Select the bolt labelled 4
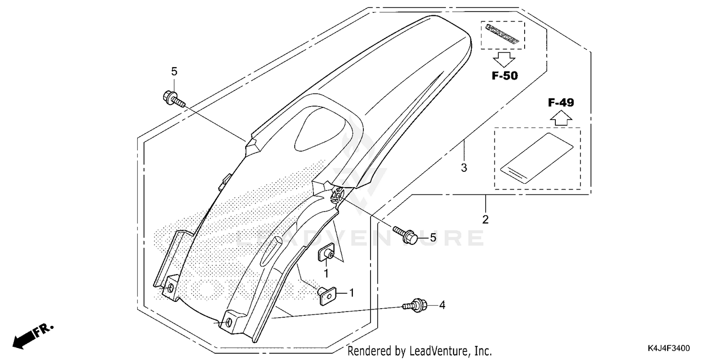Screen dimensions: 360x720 (414, 305)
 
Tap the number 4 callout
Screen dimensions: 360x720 (442, 305)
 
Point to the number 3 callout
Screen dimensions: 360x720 (464, 168)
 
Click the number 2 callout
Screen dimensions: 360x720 (485, 220)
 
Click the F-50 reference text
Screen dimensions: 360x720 (504, 75)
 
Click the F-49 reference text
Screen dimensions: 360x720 (561, 102)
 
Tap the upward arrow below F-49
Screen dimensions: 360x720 (561, 118)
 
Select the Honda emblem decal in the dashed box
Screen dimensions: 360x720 (503, 35)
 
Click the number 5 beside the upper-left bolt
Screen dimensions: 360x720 (174, 72)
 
